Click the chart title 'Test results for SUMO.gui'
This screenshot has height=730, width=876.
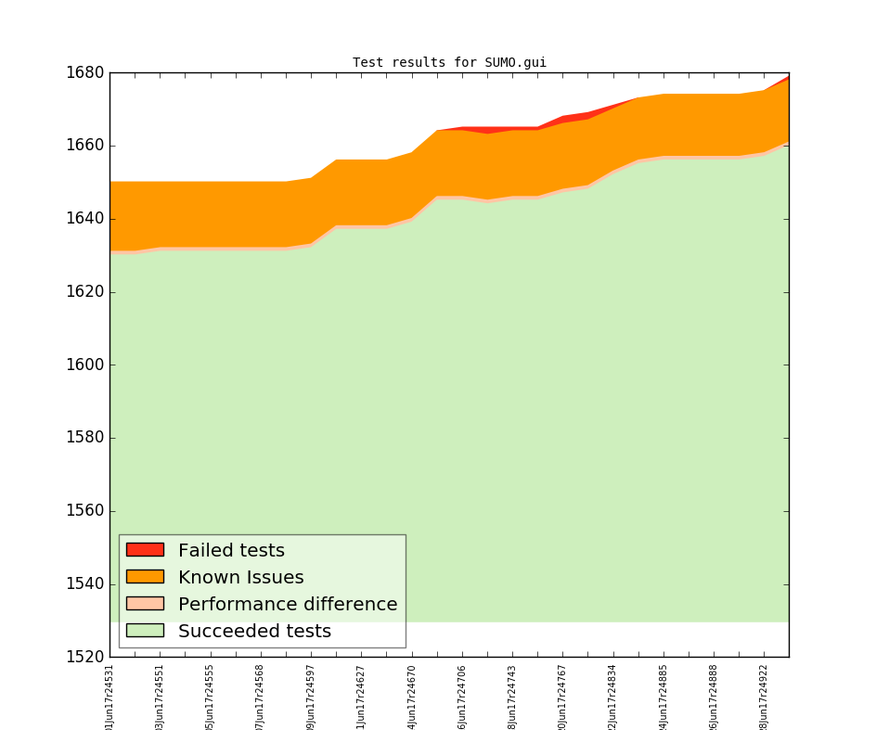point(449,63)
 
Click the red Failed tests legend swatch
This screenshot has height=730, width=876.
point(145,550)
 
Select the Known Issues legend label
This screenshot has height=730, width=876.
point(240,578)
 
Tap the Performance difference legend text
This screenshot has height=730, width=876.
point(288,605)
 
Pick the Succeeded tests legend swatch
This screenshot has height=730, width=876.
point(145,631)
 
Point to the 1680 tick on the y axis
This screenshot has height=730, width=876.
point(84,72)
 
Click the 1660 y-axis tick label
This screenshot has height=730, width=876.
point(84,146)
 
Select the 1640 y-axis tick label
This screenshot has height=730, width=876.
point(84,219)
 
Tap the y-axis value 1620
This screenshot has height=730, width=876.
point(84,292)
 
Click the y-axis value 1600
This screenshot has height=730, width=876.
point(84,365)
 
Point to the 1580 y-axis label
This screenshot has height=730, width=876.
point(84,438)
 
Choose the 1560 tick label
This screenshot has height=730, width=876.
point(84,511)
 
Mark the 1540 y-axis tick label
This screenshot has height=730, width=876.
point(84,584)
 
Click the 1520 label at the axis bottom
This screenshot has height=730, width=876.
point(84,657)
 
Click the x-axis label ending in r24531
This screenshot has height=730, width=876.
point(109,696)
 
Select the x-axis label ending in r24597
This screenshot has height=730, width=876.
point(311,696)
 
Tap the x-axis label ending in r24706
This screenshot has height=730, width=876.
point(462,696)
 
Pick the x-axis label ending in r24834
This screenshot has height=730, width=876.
point(612,696)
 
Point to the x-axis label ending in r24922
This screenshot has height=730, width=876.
point(764,696)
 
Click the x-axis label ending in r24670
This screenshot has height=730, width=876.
point(412,696)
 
